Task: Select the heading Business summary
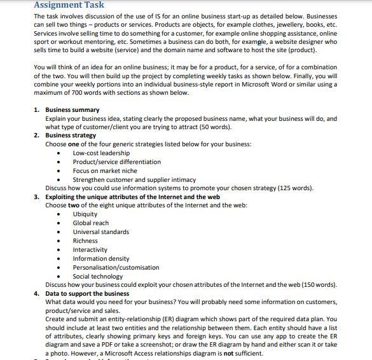(x=72, y=110)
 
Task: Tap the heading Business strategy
(x=71, y=135)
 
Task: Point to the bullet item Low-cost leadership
(x=101, y=153)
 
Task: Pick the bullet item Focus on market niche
(x=104, y=171)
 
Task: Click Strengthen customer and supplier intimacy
(x=134, y=180)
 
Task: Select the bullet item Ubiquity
(x=85, y=214)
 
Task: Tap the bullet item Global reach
(x=90, y=223)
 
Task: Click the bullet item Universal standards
(x=100, y=232)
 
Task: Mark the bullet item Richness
(x=85, y=241)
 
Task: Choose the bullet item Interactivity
(x=90, y=250)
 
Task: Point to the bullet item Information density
(x=100, y=259)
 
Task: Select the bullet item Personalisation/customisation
(x=116, y=268)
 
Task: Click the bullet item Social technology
(x=98, y=277)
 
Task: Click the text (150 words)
(x=319, y=285)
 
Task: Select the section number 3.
(x=36, y=197)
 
